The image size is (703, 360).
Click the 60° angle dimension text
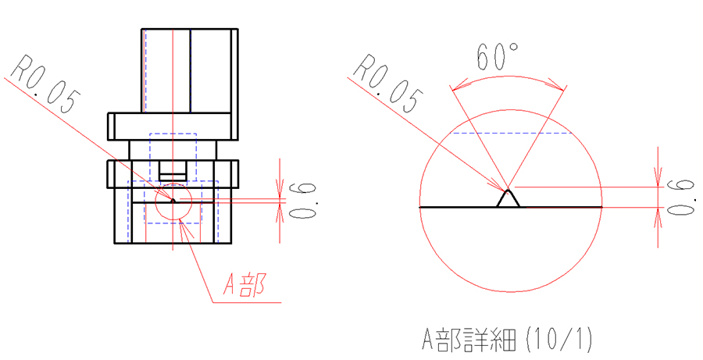(498, 56)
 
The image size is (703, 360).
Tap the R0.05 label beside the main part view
(45, 84)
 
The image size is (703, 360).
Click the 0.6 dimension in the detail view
(681, 197)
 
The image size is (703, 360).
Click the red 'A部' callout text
(245, 284)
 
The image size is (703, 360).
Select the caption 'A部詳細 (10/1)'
(507, 340)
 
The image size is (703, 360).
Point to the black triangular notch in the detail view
(508, 198)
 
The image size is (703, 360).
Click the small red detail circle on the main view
(173, 201)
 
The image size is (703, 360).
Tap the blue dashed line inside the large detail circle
(512, 134)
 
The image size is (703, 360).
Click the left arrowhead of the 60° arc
(459, 85)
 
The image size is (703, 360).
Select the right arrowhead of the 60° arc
(556, 85)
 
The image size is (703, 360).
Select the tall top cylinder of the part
(190, 71)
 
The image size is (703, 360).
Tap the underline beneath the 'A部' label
(247, 303)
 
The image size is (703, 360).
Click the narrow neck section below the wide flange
(173, 150)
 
